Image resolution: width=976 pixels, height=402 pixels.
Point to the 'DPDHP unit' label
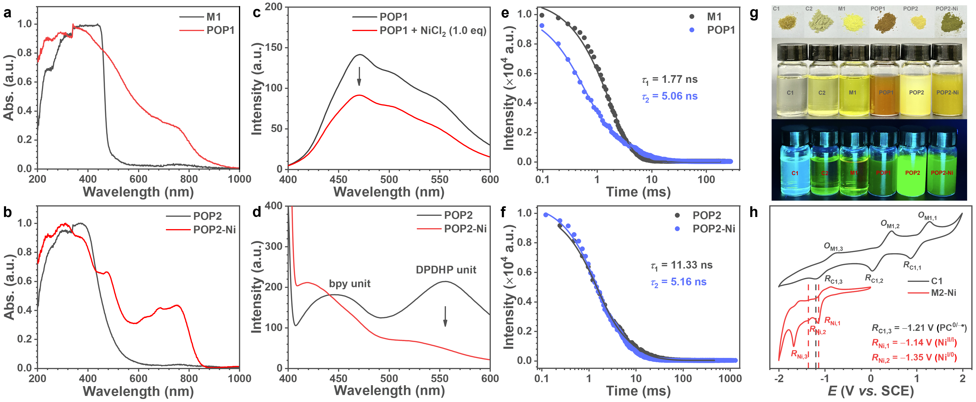click(x=446, y=270)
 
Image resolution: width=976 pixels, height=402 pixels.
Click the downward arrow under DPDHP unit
click(x=445, y=316)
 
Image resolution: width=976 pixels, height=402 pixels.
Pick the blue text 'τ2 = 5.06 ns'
click(x=670, y=97)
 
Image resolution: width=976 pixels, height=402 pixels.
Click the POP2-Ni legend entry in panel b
click(x=201, y=229)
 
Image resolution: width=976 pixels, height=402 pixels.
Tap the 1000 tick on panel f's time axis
click(x=730, y=378)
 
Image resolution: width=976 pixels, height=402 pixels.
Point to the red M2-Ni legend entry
click(x=932, y=293)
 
